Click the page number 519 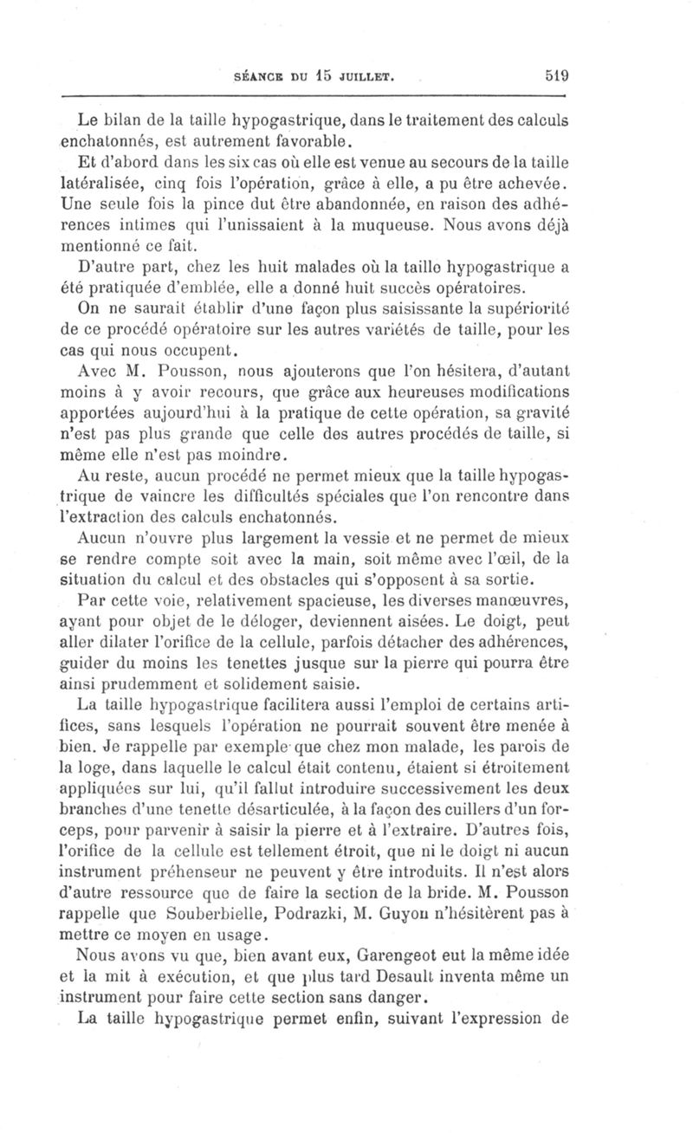point(556,75)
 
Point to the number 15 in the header point(318,75)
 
